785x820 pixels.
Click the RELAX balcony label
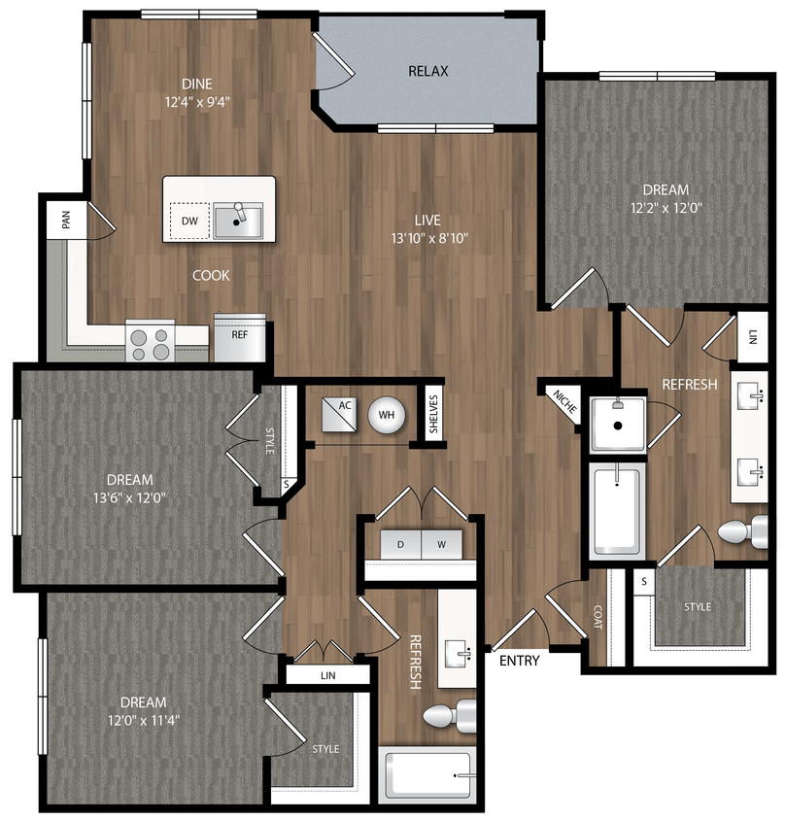(427, 71)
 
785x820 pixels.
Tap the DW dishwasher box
(190, 221)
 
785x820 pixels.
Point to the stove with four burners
(150, 340)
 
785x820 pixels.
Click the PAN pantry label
(66, 221)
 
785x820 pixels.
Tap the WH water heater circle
(386, 415)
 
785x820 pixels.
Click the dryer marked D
(400, 545)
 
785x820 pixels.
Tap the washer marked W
(441, 545)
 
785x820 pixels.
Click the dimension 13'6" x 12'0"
(130, 498)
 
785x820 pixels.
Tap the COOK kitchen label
(211, 275)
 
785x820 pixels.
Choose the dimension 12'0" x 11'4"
(143, 721)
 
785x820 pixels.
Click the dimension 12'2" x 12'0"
(666, 208)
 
